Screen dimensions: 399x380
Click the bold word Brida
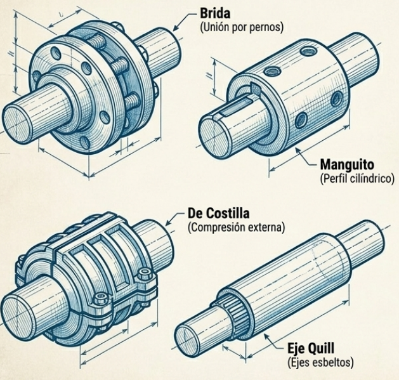(215, 13)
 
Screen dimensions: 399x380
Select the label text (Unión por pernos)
(242, 27)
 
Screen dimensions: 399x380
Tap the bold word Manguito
(347, 165)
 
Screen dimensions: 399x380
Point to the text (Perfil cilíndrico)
(357, 178)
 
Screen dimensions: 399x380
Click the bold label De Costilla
(218, 213)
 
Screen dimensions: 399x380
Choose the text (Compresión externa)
(236, 227)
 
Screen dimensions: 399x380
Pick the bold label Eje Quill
(311, 348)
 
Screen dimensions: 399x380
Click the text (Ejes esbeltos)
(320, 362)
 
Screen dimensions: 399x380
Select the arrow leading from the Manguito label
(306, 157)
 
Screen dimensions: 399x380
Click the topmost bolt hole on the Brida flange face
(56, 53)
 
